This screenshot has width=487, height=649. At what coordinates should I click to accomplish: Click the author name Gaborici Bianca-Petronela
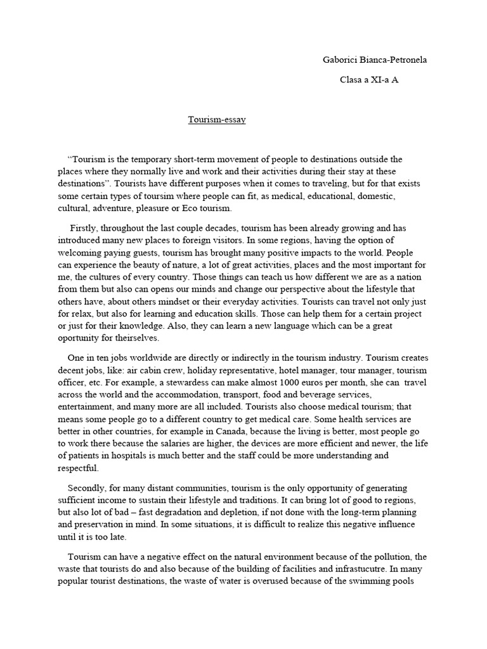point(375,60)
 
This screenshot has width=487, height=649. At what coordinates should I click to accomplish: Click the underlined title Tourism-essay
point(216,119)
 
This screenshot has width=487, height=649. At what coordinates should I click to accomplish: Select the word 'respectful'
point(79,469)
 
